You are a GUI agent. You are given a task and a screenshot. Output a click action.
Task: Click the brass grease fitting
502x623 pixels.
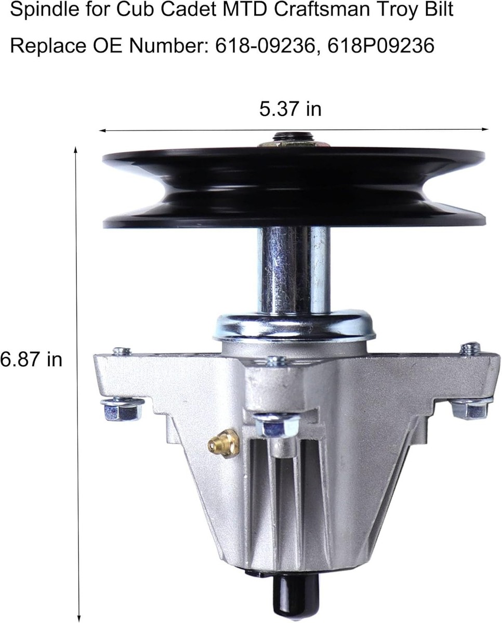point(223,443)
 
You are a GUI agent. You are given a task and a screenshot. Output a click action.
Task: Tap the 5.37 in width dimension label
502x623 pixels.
point(290,109)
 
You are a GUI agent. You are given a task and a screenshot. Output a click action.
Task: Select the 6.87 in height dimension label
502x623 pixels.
point(31,359)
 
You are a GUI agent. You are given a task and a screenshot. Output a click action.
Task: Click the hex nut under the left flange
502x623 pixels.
point(122,409)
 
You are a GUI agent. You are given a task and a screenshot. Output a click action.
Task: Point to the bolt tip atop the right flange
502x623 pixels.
point(470,348)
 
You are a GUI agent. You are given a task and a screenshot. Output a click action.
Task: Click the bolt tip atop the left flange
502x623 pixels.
point(121,351)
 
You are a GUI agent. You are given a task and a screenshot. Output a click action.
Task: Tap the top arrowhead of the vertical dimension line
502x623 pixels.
point(76,151)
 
